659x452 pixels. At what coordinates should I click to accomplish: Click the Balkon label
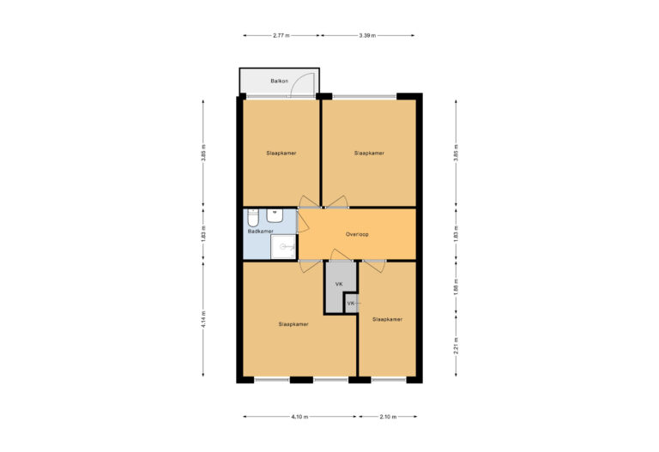pos(277,81)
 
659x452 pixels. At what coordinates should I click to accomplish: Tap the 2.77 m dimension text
pos(281,36)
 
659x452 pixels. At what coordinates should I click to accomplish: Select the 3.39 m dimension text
pos(369,36)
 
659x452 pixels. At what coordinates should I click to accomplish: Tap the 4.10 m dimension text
pos(299,417)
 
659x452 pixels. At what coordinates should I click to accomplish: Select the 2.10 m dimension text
pos(387,417)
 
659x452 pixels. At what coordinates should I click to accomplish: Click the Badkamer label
pos(260,232)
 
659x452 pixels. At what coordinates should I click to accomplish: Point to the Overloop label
pos(357,234)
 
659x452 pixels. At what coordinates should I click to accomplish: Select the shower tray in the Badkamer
pos(283,247)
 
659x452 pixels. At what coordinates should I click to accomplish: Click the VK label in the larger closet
pos(339,283)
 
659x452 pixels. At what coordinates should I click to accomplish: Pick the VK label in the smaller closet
pos(351,304)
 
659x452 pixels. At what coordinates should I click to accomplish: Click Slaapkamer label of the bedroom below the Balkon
pos(281,154)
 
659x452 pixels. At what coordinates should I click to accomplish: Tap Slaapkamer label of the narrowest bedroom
pos(387,319)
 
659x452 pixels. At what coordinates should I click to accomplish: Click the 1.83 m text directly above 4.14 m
pos(203,233)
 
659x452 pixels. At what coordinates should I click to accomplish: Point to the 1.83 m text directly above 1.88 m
pos(456,233)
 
